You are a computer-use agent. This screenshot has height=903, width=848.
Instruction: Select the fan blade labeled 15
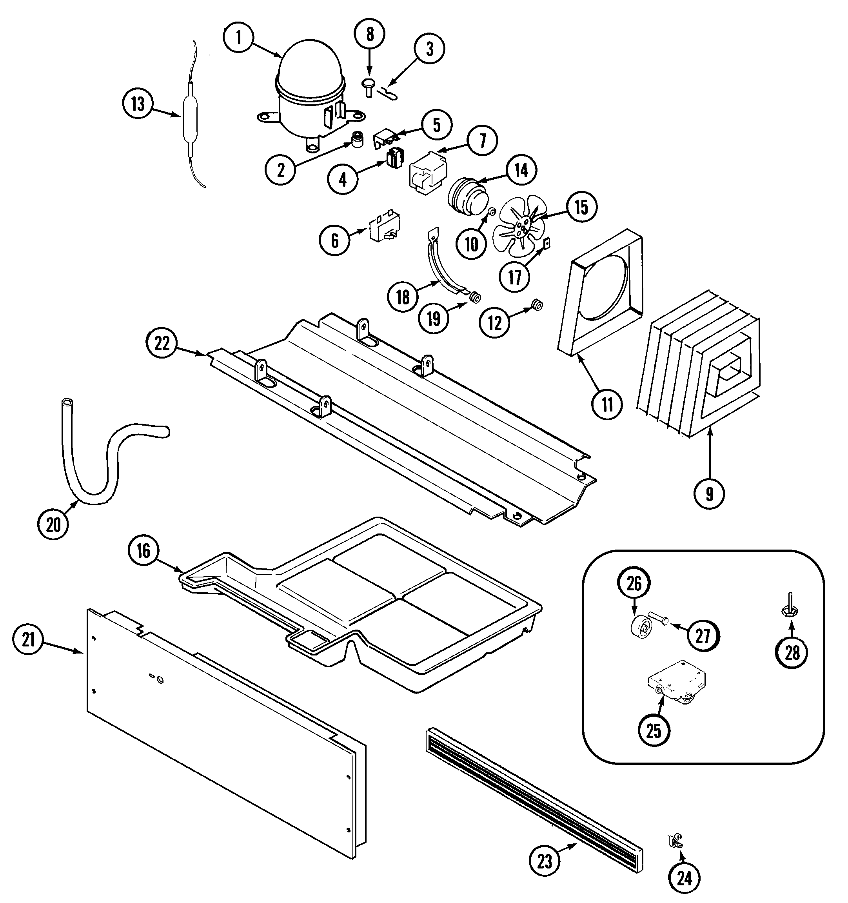pos(518,225)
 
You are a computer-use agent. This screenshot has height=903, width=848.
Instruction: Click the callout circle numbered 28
pos(792,653)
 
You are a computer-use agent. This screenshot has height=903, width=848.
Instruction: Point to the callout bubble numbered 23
pos(545,861)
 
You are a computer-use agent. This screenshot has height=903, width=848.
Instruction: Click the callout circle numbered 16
pos(143,551)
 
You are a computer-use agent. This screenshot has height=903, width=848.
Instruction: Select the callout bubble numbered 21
pos(28,640)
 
